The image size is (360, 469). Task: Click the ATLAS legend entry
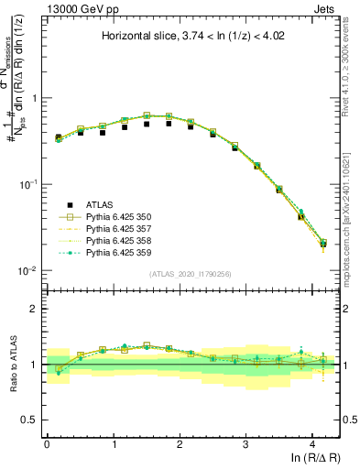point(101,203)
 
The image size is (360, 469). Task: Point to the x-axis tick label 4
point(312,442)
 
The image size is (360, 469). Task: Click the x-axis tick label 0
point(47,442)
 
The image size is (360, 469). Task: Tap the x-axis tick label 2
point(180,442)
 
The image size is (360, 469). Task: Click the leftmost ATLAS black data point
point(58,137)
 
